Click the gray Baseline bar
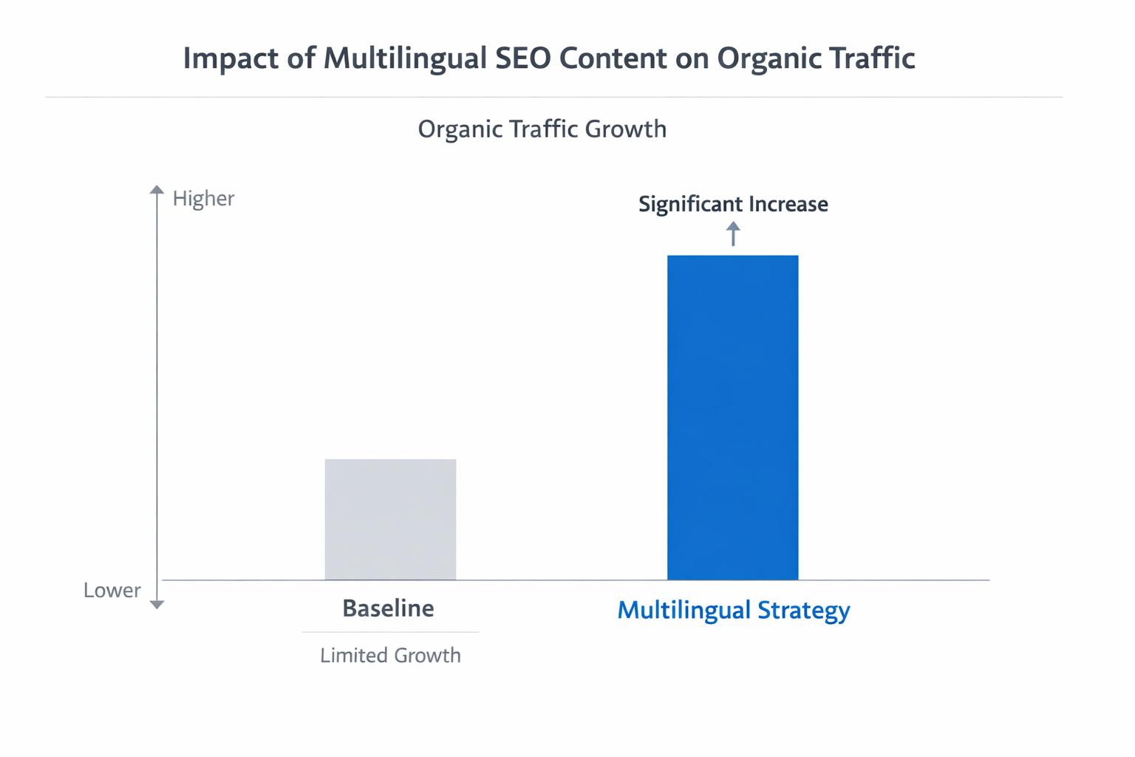390,519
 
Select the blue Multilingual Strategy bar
732,417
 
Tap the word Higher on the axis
203,198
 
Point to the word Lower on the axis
112,590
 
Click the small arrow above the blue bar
733,234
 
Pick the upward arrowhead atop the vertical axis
157,190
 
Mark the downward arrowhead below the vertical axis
157,604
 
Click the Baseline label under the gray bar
388,608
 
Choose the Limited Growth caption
390,655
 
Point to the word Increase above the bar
788,204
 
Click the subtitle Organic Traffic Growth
542,129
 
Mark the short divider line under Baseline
390,632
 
